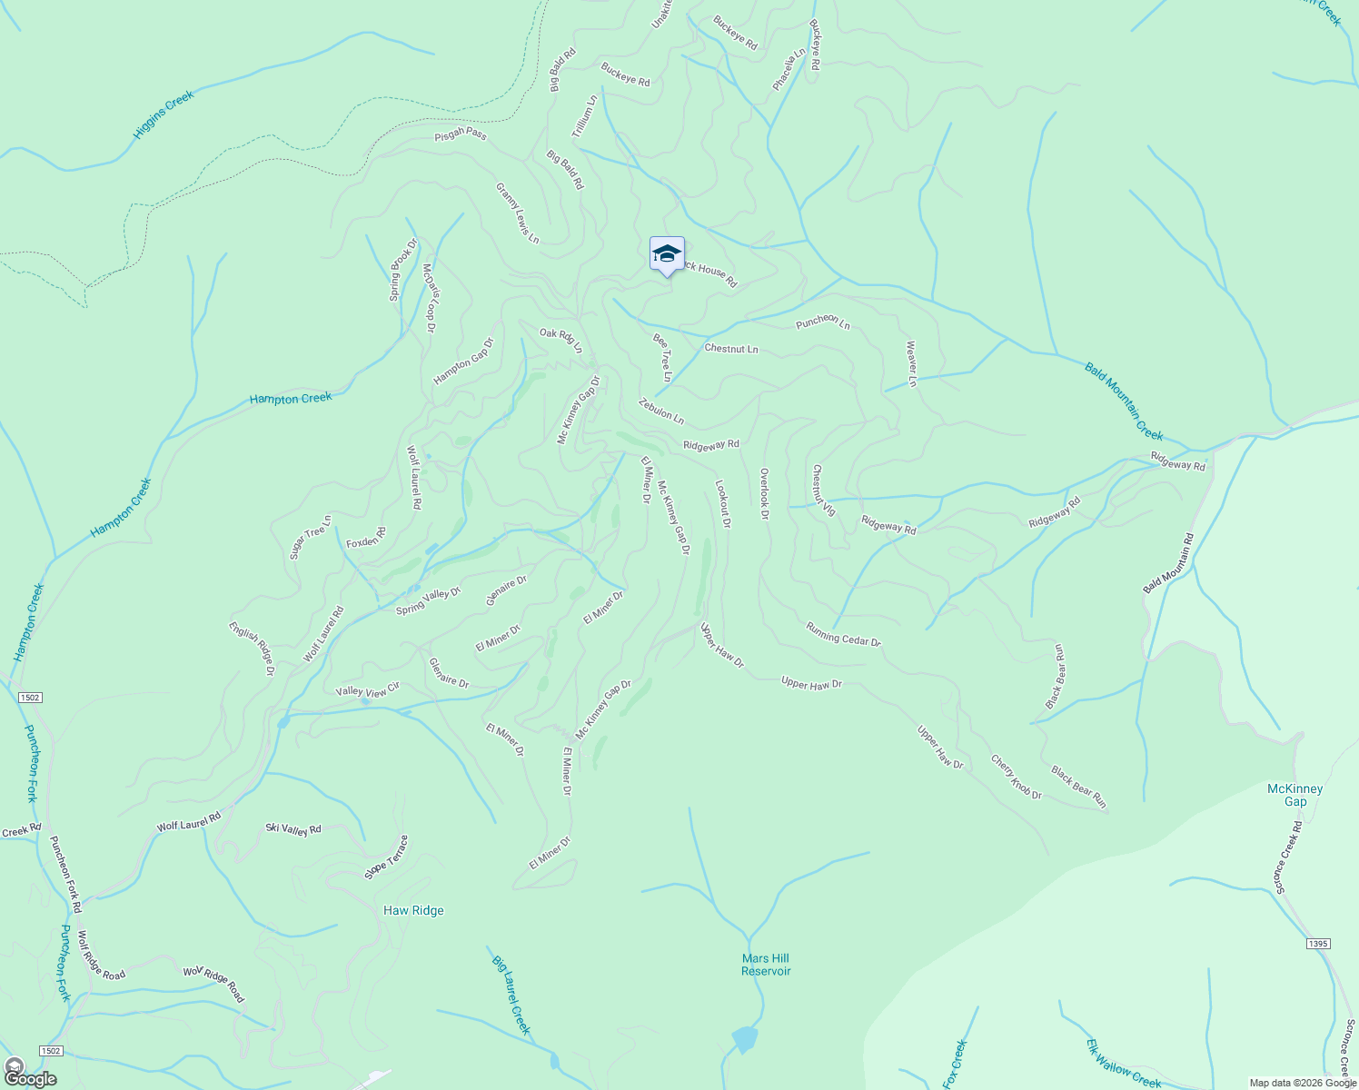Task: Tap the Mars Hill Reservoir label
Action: [766, 965]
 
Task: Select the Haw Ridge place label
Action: [413, 910]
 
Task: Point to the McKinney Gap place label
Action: [1295, 795]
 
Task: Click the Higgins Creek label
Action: [164, 114]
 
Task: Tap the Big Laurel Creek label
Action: [511, 995]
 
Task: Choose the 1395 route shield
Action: [1318, 944]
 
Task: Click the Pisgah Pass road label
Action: [461, 134]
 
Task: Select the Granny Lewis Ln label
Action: [517, 213]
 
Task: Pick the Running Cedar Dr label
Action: [843, 634]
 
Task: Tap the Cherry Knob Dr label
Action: [1016, 778]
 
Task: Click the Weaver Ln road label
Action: [911, 364]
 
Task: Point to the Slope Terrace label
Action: [386, 857]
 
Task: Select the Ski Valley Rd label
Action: [293, 828]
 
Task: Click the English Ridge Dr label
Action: [251, 649]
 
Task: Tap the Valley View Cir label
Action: [368, 691]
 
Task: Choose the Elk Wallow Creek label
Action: [1124, 1063]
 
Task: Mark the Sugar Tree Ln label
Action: [311, 537]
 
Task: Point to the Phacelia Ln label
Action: [789, 70]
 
